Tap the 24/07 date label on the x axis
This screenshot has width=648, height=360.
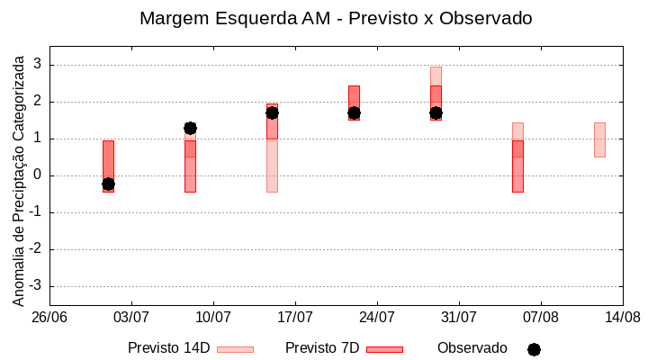coord(377,318)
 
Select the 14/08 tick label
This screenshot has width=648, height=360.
coord(622,318)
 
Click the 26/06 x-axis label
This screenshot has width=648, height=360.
coord(49,318)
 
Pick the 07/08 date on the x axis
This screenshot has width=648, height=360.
coord(540,318)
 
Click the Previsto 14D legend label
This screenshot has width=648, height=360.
coord(168,348)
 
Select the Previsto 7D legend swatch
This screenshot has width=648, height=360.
coord(384,349)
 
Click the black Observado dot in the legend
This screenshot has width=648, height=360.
coord(534,349)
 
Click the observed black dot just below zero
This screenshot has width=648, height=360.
coord(108,184)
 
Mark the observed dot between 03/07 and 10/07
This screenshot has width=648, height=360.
coord(190,128)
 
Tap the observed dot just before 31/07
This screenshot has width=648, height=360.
coord(436,112)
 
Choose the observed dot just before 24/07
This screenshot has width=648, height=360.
coord(354,112)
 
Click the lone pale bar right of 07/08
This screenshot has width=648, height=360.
coord(599,139)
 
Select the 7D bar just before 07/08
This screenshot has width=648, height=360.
coord(517,166)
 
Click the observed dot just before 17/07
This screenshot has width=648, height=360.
coord(272,112)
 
